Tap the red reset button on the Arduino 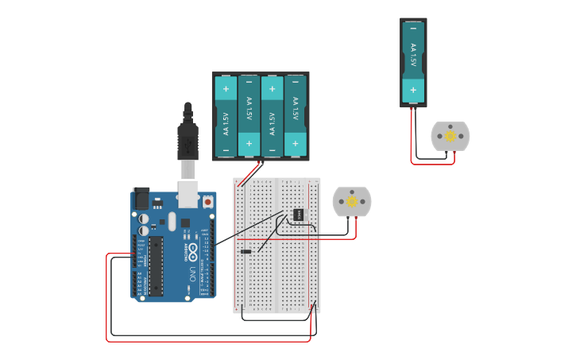(208, 202)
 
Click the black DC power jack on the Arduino (141, 198)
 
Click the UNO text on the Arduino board (192, 275)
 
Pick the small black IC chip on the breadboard (299, 214)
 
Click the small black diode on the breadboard (246, 252)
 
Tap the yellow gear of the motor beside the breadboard (351, 202)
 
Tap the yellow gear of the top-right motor (450, 136)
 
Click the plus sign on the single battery (412, 90)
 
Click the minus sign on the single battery (412, 29)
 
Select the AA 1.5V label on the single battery (412, 56)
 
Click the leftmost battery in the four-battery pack (226, 116)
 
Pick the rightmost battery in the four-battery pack (296, 116)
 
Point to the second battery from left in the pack (249, 116)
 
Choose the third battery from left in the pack (273, 116)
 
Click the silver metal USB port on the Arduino (187, 194)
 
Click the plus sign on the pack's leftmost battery (226, 88)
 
